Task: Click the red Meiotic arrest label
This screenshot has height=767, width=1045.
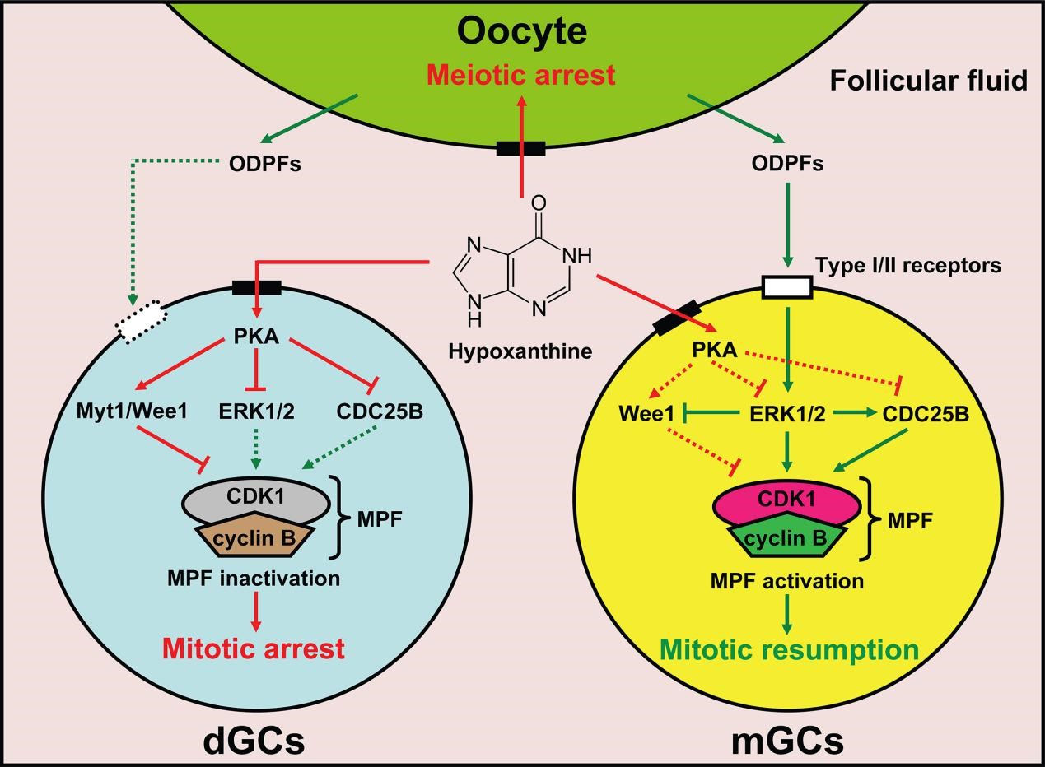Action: [522, 75]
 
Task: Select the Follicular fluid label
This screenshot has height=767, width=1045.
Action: [928, 81]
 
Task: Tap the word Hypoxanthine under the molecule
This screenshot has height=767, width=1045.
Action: [520, 351]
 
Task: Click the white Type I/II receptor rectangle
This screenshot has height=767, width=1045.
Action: [787, 287]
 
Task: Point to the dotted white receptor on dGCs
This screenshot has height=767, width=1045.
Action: [141, 326]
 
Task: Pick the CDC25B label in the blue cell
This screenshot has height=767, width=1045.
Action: [380, 411]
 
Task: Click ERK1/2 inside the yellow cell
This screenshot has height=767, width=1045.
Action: [788, 415]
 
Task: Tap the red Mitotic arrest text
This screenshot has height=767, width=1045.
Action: [254, 648]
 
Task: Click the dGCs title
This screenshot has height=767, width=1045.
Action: [254, 741]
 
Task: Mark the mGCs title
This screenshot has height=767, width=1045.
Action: [788, 741]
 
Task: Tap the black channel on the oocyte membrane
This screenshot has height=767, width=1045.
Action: [520, 149]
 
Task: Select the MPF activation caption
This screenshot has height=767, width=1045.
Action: [787, 581]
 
